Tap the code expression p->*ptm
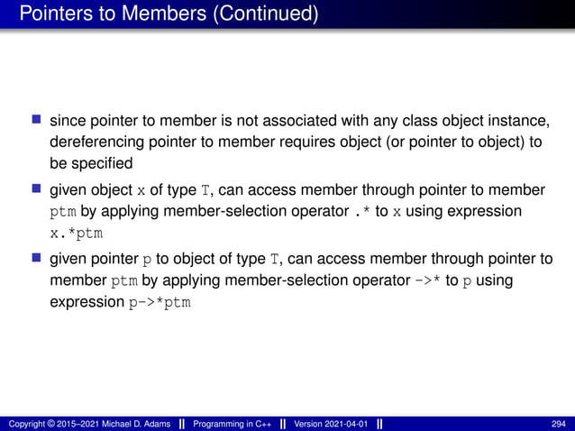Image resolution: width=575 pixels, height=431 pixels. coord(160,302)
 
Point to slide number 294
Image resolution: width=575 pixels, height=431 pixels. coord(559,423)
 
